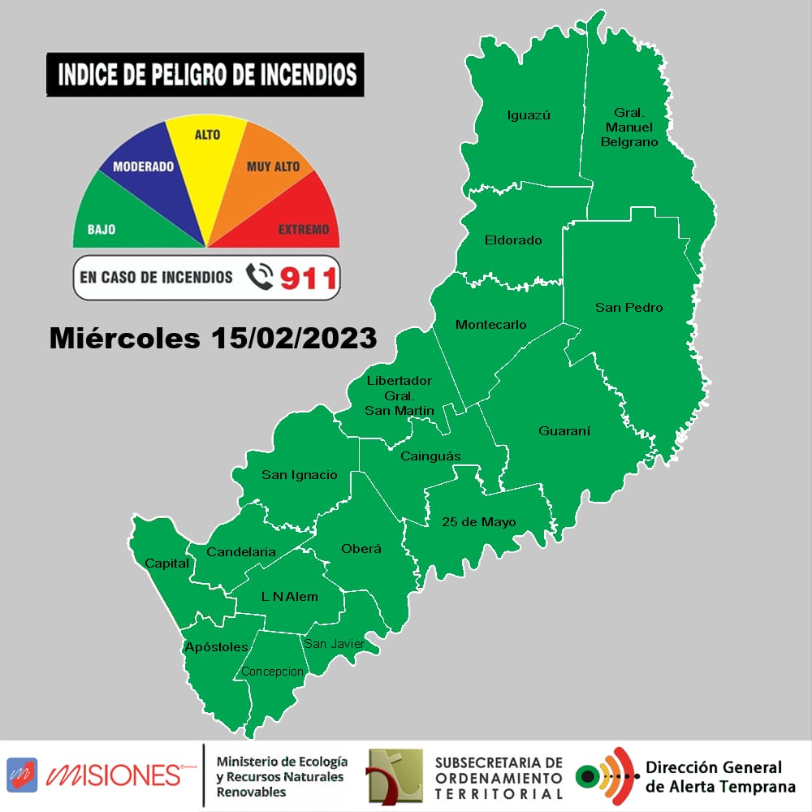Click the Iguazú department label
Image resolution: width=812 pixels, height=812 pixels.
[x=529, y=115]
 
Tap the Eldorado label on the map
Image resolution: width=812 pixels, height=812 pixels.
[x=512, y=240]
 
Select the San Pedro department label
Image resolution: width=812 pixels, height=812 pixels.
[x=628, y=308]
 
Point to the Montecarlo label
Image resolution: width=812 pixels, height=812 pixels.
[x=490, y=325]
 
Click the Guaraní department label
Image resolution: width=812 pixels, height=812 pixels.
[x=564, y=431]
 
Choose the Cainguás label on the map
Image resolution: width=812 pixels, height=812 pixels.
[x=430, y=456]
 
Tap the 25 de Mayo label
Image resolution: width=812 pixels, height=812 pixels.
[x=479, y=522]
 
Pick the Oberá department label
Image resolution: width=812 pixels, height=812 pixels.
[x=361, y=549]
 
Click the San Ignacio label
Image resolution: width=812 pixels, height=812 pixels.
[x=299, y=475]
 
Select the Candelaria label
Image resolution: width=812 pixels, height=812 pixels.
[x=241, y=552]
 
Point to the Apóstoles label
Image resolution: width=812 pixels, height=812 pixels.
[x=216, y=647]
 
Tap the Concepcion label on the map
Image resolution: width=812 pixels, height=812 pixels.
[x=272, y=672]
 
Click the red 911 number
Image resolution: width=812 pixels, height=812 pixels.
[x=308, y=279]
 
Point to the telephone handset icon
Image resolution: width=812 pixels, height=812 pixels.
[x=259, y=278]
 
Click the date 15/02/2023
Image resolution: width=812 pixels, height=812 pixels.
[x=293, y=338]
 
